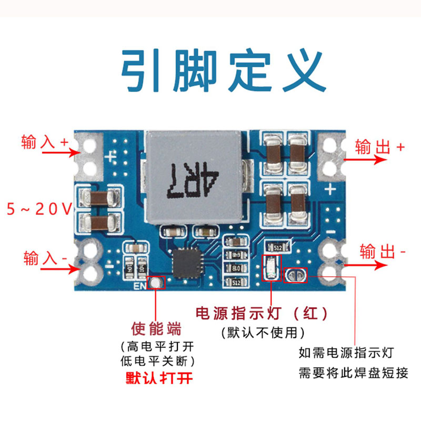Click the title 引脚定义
click(224, 71)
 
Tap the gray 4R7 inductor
click(194, 177)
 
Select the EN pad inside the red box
click(156, 283)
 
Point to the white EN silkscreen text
click(139, 286)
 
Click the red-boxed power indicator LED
click(272, 268)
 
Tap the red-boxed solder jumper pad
click(295, 275)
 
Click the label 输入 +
click(45, 142)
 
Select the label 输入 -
click(45, 258)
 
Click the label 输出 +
click(379, 147)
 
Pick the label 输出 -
click(383, 252)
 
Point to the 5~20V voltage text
click(39, 209)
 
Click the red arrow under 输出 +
click(365, 159)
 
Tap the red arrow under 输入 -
click(61, 269)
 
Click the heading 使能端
click(156, 328)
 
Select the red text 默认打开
click(159, 378)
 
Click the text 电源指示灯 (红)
click(262, 313)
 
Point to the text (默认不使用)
click(263, 333)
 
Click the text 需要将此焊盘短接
click(353, 373)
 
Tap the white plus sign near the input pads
click(110, 156)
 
